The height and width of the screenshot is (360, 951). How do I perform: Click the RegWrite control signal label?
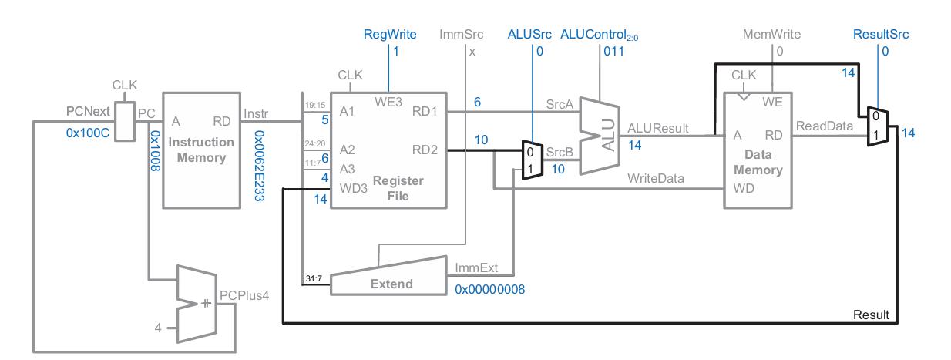pyautogui.click(x=390, y=35)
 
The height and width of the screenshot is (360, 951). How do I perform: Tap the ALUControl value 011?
pyautogui.click(x=613, y=52)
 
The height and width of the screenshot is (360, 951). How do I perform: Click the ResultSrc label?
pyautogui.click(x=881, y=35)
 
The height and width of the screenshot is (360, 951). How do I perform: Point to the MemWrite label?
pyautogui.click(x=771, y=35)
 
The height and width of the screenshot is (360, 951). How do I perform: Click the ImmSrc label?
pyautogui.click(x=461, y=35)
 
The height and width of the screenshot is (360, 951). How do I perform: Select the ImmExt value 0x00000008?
pyautogui.click(x=490, y=289)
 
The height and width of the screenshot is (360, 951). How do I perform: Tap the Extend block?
pyautogui.click(x=391, y=282)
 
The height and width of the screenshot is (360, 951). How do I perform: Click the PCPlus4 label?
pyautogui.click(x=244, y=295)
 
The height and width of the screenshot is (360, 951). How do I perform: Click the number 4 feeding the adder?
pyautogui.click(x=158, y=328)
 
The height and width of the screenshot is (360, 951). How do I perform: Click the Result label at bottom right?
pyautogui.click(x=871, y=315)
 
